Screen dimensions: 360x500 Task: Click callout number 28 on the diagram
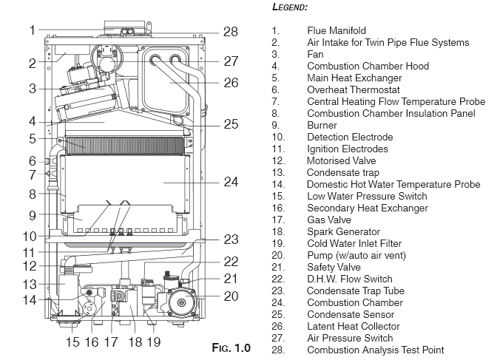click(231, 31)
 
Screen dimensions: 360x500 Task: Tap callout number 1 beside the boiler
click(33, 30)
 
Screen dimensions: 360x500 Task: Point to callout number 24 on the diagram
click(231, 180)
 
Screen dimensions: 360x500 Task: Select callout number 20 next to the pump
click(231, 296)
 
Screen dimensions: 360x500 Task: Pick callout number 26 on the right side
click(231, 82)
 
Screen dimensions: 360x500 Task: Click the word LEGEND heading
click(291, 7)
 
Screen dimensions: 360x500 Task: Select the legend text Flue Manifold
click(337, 30)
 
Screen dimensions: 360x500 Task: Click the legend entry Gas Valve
click(328, 220)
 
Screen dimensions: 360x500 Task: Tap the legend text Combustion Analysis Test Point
click(376, 350)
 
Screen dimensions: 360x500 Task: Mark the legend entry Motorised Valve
click(341, 160)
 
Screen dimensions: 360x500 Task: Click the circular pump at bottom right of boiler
click(180, 303)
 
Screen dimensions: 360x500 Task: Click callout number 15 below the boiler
click(72, 342)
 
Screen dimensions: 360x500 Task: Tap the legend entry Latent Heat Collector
click(354, 326)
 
